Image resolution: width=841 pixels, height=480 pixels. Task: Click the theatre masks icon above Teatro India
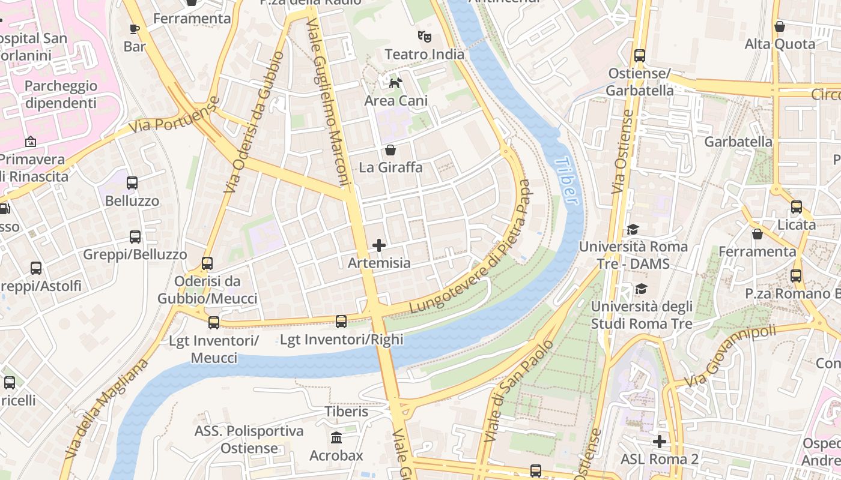[425, 37]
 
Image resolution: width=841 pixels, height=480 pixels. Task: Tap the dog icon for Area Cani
[395, 83]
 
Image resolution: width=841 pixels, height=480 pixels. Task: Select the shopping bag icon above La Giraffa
[390, 150]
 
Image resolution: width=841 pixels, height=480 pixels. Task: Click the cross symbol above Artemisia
[379, 245]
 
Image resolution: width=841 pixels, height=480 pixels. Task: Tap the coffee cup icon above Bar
[135, 29]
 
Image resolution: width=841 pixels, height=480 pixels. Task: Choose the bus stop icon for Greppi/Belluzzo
[135, 237]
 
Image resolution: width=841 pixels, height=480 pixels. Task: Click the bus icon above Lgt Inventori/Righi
[341, 322]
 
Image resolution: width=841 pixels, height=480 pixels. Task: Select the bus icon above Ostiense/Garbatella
[640, 56]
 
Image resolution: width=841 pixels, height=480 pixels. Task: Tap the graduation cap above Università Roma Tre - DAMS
[633, 229]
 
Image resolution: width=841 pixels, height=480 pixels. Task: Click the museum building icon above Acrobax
[336, 438]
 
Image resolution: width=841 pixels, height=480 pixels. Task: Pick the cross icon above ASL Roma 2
[660, 442]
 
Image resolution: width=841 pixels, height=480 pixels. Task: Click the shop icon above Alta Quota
[780, 26]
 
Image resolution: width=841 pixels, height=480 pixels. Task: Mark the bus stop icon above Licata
[797, 207]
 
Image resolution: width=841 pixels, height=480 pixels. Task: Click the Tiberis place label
[346, 412]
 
